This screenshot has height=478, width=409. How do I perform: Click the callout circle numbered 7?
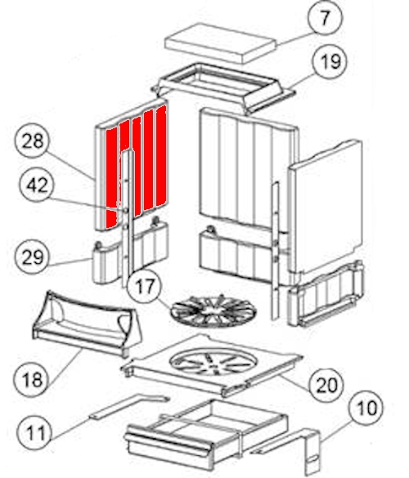pos(326,18)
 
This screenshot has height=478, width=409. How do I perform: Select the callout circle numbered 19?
pos(330,61)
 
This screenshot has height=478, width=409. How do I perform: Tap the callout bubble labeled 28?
pos(33,141)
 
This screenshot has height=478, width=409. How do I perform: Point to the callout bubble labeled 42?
pos(37,185)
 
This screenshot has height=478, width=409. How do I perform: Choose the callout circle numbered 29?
pos(33,257)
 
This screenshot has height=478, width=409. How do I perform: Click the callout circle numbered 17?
pos(145,286)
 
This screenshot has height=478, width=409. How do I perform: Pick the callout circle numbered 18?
pos(31,379)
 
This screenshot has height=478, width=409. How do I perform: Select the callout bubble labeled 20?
pos(326,385)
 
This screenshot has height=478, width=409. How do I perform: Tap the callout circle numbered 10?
pos(366,408)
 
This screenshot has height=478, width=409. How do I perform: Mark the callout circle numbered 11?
pos(35,432)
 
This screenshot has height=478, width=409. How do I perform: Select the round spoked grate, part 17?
pos(213,311)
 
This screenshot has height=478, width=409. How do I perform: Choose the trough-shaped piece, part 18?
pos(87,324)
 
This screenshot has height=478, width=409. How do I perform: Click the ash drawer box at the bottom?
pos(206,433)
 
